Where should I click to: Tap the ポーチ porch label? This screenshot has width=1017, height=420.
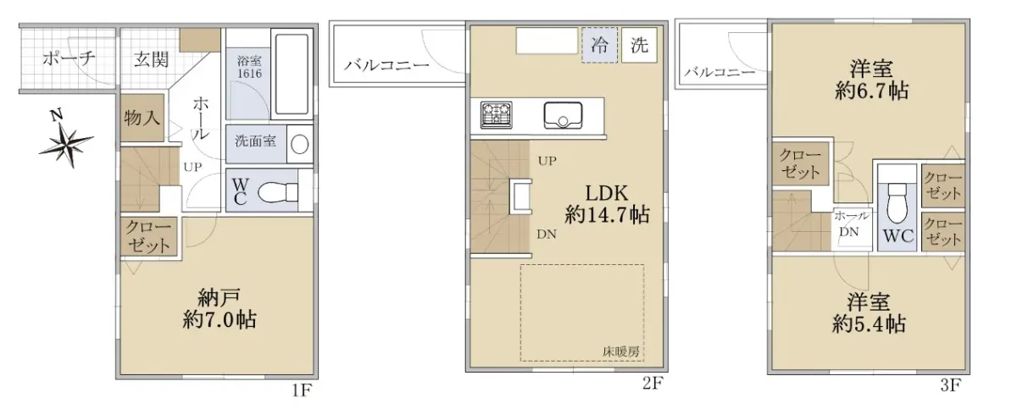[69, 58]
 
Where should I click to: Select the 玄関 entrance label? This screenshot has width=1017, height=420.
[151, 59]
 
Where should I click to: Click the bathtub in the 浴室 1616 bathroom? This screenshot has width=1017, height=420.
[292, 74]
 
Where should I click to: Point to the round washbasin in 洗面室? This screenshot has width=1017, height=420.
[300, 145]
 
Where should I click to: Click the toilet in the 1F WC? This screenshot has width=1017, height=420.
[277, 192]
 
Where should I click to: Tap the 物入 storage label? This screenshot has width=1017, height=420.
[142, 118]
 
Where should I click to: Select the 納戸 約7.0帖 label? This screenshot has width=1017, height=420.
[220, 309]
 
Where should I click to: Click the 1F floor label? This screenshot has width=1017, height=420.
[302, 390]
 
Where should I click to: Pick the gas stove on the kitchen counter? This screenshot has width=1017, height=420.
[497, 115]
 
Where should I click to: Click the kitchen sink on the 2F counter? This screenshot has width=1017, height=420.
[563, 115]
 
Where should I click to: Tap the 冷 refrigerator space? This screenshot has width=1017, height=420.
[600, 45]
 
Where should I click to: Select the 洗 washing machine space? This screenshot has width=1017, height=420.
[639, 45]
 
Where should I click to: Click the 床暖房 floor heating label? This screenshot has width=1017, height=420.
[620, 351]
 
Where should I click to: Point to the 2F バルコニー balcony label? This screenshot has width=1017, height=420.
[386, 65]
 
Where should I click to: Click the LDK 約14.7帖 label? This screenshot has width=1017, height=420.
[607, 204]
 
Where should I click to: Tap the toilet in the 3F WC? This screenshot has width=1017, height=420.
[897, 203]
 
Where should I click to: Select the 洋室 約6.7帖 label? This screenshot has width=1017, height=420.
[872, 80]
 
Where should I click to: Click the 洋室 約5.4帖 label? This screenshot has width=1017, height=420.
[869, 313]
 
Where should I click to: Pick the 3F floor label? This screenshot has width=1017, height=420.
[950, 385]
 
